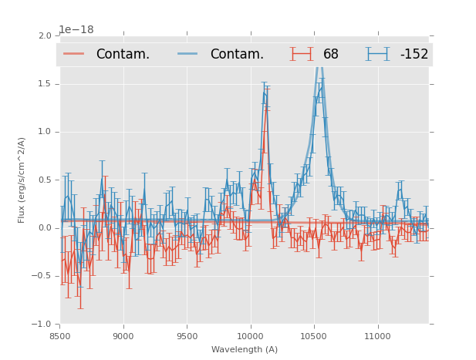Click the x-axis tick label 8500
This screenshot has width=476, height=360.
pos(59,335)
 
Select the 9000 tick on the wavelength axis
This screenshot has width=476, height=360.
pos(123,335)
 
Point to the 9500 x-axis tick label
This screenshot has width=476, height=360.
pos(187,335)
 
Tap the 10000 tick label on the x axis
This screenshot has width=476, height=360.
pos(250,335)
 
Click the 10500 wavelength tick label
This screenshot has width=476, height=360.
pos(313,335)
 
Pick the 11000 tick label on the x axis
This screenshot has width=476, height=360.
pos(377,335)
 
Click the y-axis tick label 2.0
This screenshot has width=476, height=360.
pos(44,35)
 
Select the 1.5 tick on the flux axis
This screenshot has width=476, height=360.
pos(44,83)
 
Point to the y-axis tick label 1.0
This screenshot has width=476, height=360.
pos(44,132)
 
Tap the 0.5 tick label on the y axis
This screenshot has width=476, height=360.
pos(44,180)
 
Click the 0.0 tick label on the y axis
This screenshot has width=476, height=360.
pos(44,228)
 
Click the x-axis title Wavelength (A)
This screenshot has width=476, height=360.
pos(245,349)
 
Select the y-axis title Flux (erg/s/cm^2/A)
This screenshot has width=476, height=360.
pos(22,180)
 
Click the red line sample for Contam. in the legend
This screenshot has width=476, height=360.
pos(74,54)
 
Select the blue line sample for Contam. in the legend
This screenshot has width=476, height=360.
pos(187,54)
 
